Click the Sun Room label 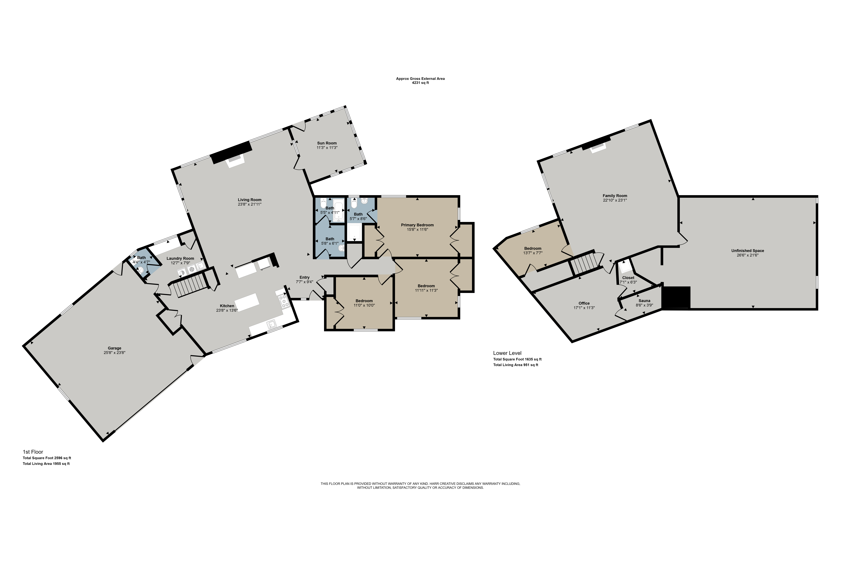point(327,143)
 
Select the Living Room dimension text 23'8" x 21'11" point(250,204)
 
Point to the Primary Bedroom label point(417,225)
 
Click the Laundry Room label point(180,258)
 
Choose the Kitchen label point(227,306)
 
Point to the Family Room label point(615,196)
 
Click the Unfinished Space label point(748,251)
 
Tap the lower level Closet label point(628,278)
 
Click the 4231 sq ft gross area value point(421,83)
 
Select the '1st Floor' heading point(33,452)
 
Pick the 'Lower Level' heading point(507,353)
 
